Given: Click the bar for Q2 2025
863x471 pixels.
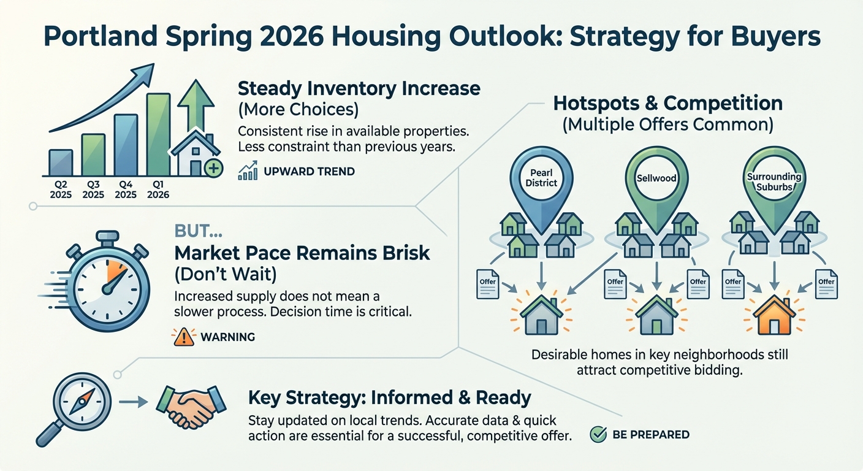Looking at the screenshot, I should coord(61,163).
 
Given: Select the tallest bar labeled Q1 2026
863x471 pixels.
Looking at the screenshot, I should coord(158,135).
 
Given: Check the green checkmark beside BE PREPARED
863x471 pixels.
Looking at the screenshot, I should coord(598,435).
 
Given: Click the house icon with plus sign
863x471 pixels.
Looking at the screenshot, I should coord(196,155).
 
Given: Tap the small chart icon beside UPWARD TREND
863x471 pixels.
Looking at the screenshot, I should coord(246,172).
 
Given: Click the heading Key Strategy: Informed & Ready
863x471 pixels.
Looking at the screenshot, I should coord(389,397).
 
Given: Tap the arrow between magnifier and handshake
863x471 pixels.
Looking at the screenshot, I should coord(133,402).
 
